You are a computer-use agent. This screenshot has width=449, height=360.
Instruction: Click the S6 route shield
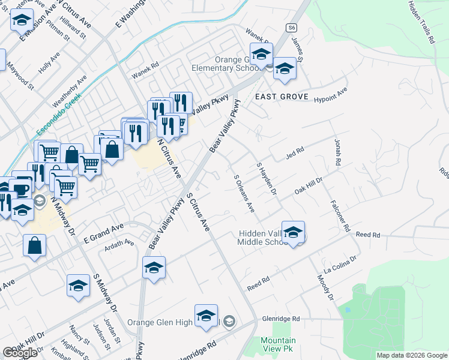[292, 27]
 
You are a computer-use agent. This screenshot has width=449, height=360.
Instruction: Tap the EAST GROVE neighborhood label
[282, 97]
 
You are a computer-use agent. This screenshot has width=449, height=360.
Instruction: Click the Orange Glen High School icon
[206, 316]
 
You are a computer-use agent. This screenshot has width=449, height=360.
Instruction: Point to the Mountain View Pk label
[278, 344]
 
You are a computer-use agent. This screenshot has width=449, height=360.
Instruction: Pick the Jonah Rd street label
[338, 152]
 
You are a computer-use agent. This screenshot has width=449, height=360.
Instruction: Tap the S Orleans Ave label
[244, 193]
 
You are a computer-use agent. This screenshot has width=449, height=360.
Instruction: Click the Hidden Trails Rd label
[421, 22]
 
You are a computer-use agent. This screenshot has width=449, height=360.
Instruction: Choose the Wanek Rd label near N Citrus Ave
[145, 71]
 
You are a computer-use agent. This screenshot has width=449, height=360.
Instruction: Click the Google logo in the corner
[20, 353]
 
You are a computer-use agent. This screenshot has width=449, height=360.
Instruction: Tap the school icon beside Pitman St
[22, 22]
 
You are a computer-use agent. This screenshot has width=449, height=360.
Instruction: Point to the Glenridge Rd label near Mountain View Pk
[280, 319]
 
